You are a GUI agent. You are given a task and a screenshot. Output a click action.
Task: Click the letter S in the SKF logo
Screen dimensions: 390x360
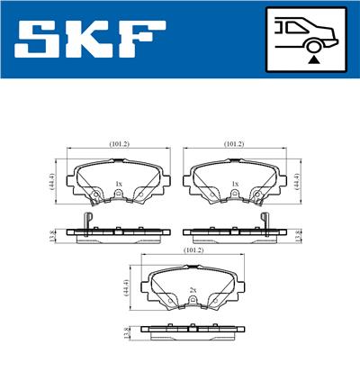(x=41, y=40)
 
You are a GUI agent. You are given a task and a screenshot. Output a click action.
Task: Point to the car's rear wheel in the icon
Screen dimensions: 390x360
(x=315, y=44)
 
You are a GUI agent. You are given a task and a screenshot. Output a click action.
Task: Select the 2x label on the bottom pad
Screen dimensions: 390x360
(x=193, y=289)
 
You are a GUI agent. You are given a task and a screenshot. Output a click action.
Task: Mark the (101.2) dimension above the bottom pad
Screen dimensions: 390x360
(x=193, y=249)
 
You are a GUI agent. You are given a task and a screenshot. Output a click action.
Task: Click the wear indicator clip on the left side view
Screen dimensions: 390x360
(x=86, y=223)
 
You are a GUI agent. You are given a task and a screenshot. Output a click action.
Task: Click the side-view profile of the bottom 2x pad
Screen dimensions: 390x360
(x=193, y=333)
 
